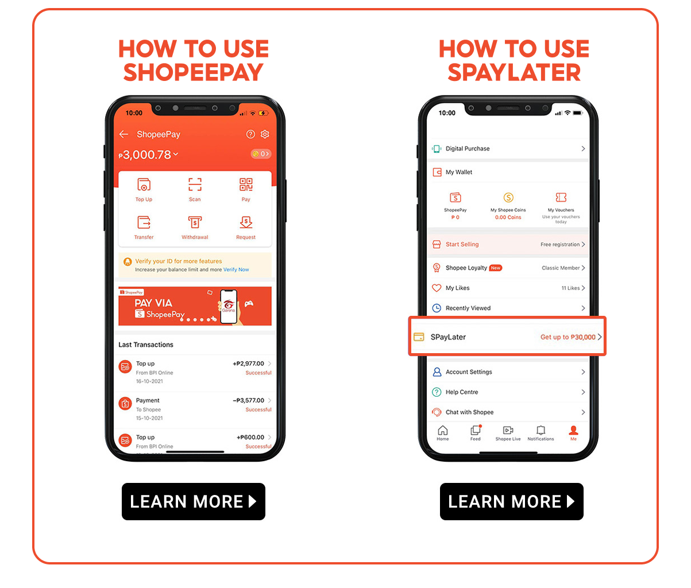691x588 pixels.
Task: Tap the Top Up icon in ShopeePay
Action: coord(144,185)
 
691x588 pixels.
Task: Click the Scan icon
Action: coord(195,185)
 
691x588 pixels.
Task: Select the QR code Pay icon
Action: coord(246,185)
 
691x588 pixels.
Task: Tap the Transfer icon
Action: coord(144,222)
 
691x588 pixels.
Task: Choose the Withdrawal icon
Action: coord(195,222)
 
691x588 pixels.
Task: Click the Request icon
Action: coord(246,222)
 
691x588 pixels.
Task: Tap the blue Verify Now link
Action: coord(236,269)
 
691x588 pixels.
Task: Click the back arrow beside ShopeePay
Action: coord(123,134)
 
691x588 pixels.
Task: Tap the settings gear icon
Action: coord(265,134)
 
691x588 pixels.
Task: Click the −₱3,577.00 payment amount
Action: coord(249,400)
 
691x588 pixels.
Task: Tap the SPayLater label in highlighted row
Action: coord(448,337)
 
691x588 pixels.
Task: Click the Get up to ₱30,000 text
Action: coord(568,337)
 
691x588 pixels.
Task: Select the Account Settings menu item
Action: coord(469,372)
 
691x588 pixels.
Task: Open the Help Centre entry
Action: coord(462,392)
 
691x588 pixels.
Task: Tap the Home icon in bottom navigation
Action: coord(442,431)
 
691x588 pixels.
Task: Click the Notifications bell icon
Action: coord(541,431)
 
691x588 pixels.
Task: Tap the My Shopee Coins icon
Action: coord(508,198)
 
